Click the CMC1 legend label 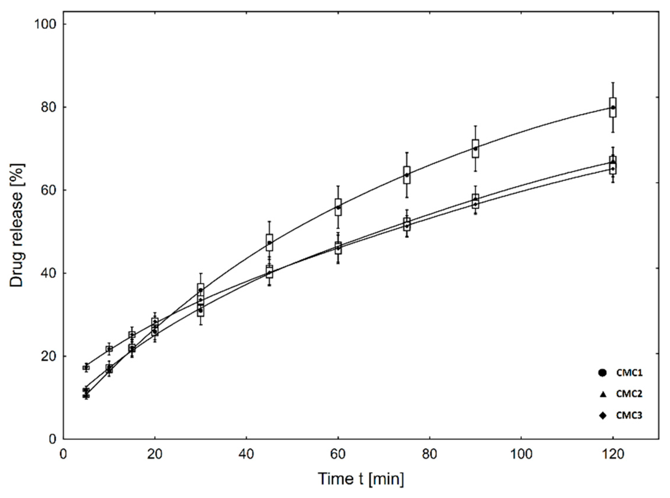[629, 373]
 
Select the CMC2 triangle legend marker [603, 394]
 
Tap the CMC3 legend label [629, 415]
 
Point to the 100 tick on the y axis [45, 24]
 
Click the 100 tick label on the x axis [521, 454]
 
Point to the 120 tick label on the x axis [612, 454]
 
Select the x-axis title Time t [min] [361, 479]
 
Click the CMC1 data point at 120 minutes [613, 107]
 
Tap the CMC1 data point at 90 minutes [476, 149]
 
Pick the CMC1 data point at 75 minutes [407, 175]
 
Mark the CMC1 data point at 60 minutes [338, 207]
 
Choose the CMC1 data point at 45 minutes [270, 242]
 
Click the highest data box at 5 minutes [86, 367]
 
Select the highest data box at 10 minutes [109, 349]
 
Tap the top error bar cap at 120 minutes [613, 83]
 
